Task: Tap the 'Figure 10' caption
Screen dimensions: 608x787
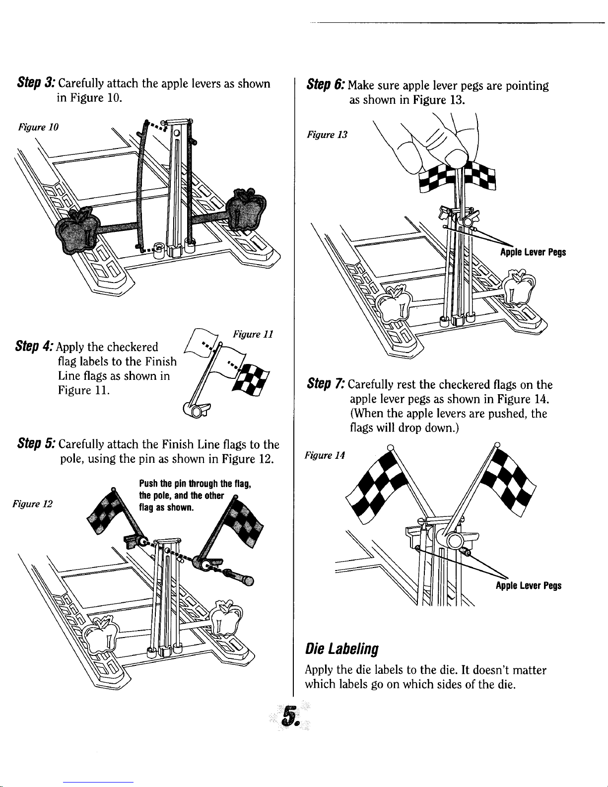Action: [x=38, y=127]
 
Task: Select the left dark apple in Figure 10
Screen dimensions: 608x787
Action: [x=77, y=229]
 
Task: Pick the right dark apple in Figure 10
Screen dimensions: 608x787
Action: [x=246, y=209]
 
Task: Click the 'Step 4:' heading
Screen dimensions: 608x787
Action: [x=34, y=346]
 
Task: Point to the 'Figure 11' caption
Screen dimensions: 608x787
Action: [x=253, y=334]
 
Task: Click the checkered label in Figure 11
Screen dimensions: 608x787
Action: [x=251, y=380]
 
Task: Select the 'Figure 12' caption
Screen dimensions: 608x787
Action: [x=33, y=504]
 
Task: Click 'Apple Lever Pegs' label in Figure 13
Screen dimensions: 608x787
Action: [x=533, y=252]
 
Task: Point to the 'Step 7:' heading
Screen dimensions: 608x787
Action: [x=326, y=383]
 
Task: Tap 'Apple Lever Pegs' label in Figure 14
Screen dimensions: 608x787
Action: [x=529, y=585]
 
